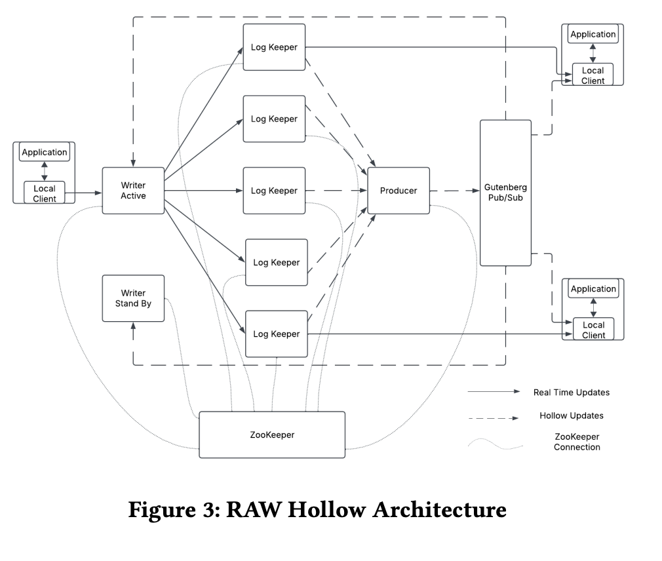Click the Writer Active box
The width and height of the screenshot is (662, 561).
133,191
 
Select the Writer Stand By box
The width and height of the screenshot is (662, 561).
133,298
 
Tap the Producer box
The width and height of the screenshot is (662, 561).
399,191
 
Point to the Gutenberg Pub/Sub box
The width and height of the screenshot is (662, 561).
505,193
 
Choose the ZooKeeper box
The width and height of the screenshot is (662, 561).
272,435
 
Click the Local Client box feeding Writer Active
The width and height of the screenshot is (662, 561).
45,193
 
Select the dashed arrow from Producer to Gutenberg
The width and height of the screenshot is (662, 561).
455,191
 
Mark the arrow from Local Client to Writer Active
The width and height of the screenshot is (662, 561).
84,193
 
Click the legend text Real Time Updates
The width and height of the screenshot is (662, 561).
571,393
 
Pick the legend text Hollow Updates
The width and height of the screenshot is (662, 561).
571,416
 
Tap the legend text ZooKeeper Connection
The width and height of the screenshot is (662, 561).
577,442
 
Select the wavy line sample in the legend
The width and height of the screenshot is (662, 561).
496,446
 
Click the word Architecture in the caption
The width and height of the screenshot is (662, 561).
440,509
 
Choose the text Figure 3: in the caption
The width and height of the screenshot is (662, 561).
174,509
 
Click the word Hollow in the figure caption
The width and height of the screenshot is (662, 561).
326,509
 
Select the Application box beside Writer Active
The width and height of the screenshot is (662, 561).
45,153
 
